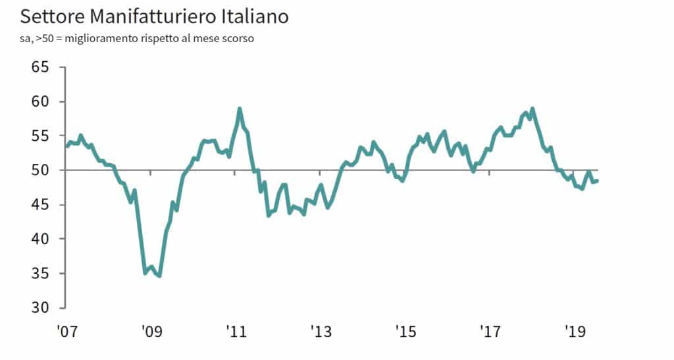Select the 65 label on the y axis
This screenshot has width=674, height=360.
(41, 67)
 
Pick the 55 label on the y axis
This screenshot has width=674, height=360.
(41, 136)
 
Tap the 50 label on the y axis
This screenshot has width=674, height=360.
(41, 170)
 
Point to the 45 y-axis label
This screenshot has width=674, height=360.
(41, 205)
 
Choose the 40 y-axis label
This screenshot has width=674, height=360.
(41, 239)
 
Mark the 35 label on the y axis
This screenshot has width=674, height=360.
(41, 273)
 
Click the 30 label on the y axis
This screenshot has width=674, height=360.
(41, 307)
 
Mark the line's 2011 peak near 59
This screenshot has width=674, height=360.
(240, 109)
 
